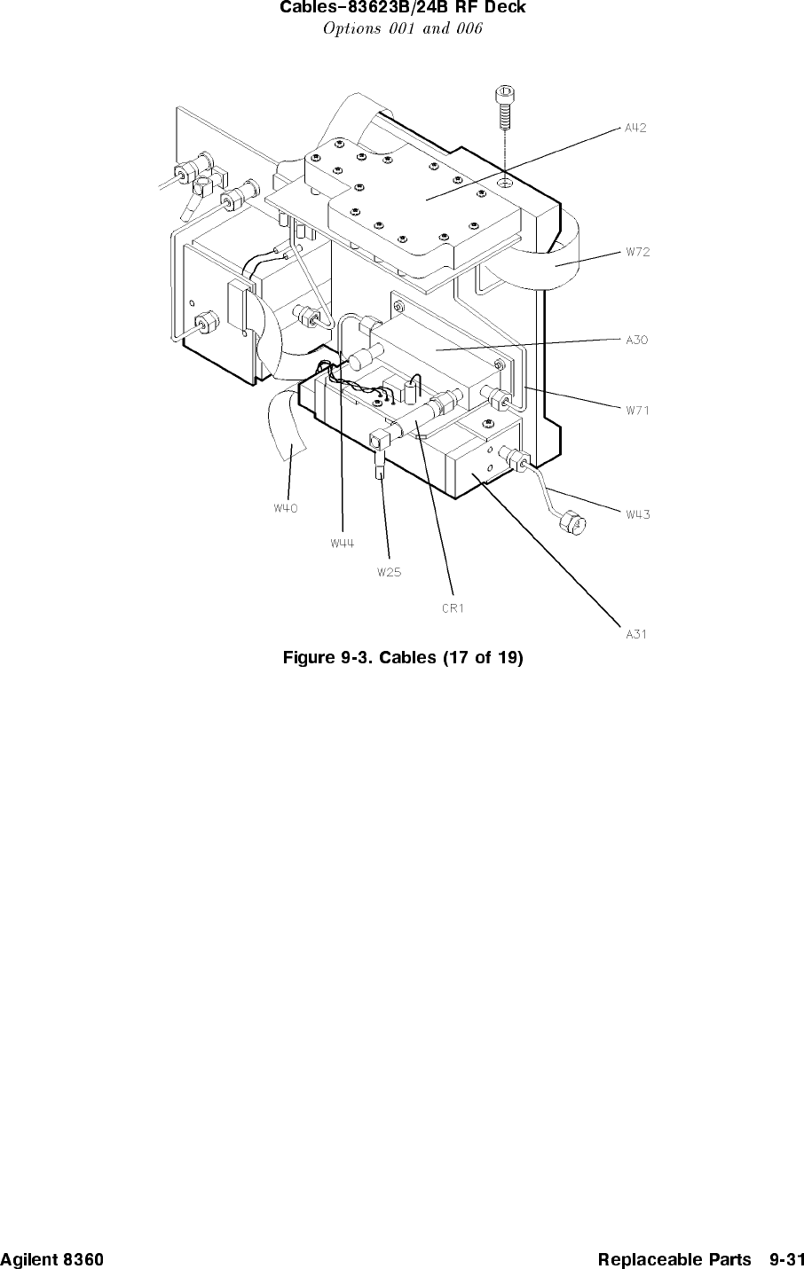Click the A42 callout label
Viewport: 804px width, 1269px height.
tap(635, 128)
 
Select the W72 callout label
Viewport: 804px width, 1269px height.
tap(637, 252)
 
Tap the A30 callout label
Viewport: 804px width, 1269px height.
tap(637, 339)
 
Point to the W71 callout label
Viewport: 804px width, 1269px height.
tap(637, 411)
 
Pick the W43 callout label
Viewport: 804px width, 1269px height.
tap(638, 514)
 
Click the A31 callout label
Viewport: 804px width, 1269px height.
tap(636, 634)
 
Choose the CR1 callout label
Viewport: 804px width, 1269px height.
tap(453, 608)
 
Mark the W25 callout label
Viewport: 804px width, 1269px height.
tap(389, 572)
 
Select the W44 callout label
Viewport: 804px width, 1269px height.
tap(343, 544)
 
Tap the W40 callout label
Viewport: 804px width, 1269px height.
tap(286, 508)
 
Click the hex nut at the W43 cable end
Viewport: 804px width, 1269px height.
tap(573, 525)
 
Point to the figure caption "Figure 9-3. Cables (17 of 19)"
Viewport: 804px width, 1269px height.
tap(402, 658)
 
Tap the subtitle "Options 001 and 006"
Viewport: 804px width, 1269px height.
tap(402, 29)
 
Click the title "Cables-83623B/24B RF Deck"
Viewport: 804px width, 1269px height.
tap(402, 9)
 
